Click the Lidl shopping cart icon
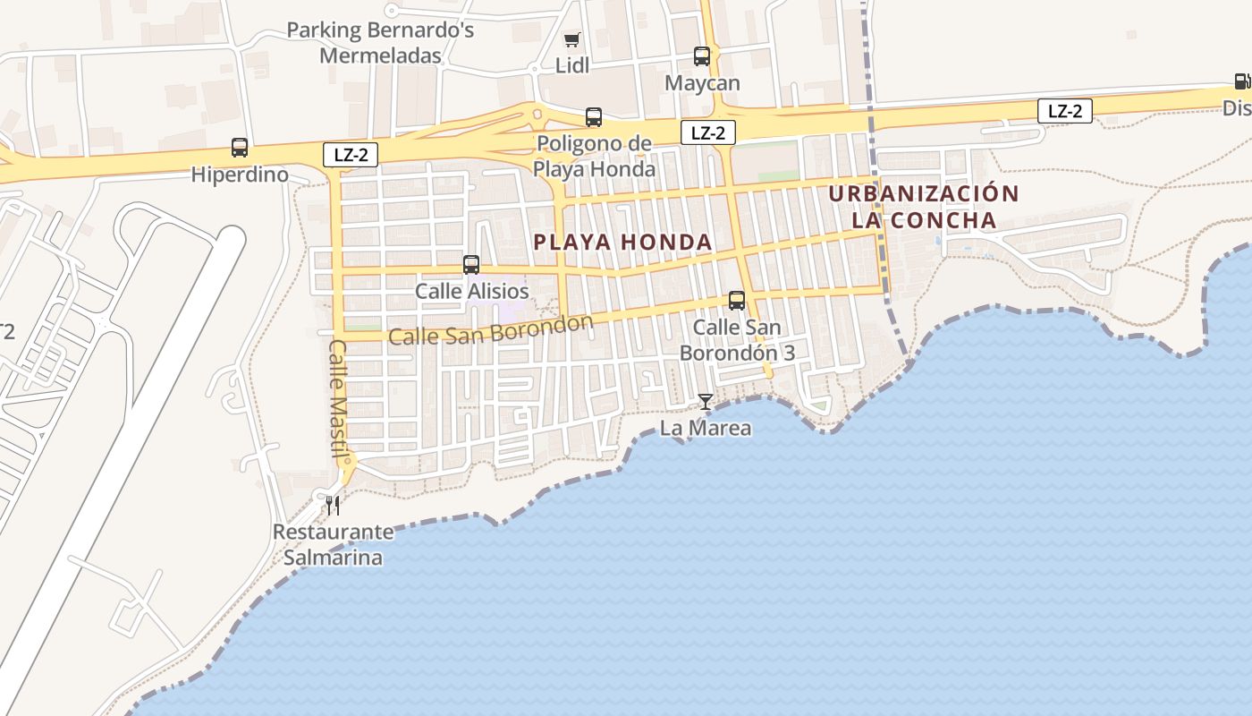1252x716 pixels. coord(571,39)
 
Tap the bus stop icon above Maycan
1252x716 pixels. coord(702,56)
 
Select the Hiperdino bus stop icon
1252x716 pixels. coord(240,148)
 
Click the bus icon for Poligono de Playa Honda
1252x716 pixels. coord(594,116)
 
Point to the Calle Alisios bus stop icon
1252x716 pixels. coord(471,265)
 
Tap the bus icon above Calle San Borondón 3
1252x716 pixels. coord(737,301)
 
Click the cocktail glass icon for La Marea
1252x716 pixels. coord(706,402)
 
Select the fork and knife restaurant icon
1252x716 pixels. coord(333,506)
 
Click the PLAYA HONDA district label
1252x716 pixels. coord(622,242)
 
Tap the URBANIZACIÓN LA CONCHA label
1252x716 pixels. coord(924,207)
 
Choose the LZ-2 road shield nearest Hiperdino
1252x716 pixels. coord(351,155)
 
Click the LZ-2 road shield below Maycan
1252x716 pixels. coord(707,133)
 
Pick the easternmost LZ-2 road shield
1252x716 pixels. coord(1064,111)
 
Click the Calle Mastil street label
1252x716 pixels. coord(339,399)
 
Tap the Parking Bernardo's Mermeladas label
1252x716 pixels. coord(380,43)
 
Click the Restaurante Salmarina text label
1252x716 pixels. coord(333,544)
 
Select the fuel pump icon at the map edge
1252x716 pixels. coord(1241,81)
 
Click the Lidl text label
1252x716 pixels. coord(572,65)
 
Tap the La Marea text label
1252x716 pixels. coord(706,429)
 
